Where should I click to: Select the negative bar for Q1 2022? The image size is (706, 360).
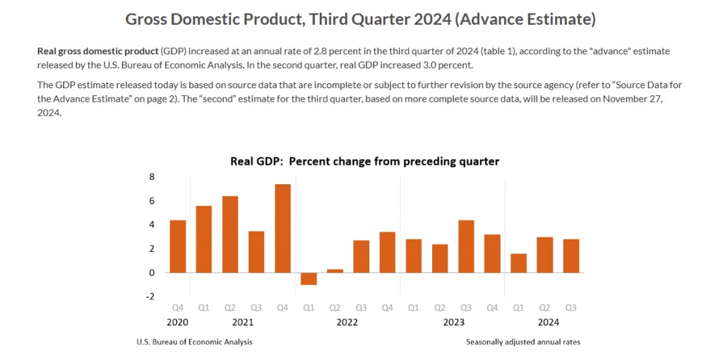(309, 279)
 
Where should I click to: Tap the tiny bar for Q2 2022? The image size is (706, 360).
(335, 270)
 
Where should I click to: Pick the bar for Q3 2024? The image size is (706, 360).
(570, 256)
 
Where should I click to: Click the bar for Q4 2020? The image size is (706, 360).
(178, 246)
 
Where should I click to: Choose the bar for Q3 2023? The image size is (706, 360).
(466, 246)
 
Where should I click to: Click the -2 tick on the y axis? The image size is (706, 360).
(150, 296)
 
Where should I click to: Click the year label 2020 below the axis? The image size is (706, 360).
(178, 322)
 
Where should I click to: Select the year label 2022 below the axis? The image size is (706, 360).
(347, 322)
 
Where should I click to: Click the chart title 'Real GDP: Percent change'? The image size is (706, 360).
(364, 162)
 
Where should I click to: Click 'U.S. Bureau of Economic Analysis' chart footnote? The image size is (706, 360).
(194, 342)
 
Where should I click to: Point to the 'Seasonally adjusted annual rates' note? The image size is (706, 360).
(523, 342)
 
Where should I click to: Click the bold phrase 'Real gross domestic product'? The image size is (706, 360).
(97, 52)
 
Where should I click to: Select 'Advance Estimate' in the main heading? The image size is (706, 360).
(526, 20)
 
